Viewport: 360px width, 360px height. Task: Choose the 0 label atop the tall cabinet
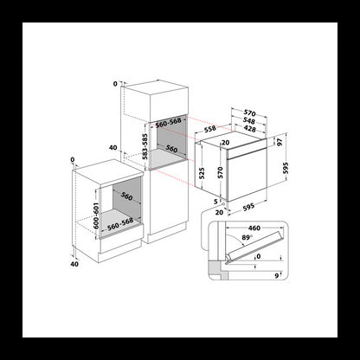113,84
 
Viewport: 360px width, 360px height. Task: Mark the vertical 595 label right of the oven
294,170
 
